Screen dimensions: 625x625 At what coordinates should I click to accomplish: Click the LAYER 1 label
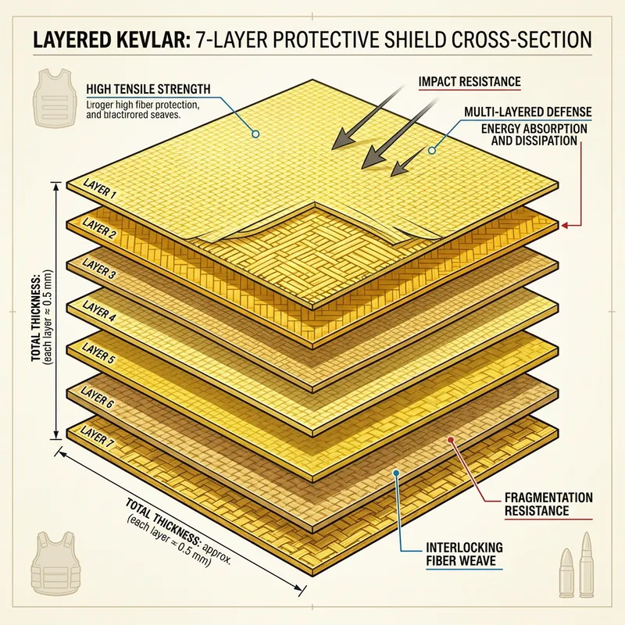(100, 190)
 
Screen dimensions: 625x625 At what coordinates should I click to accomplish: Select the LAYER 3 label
(100, 275)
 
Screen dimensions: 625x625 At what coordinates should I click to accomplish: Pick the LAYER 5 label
(100, 360)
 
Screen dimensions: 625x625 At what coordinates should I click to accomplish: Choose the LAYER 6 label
(100, 402)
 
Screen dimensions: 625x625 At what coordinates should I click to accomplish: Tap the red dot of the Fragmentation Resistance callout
(451, 441)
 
